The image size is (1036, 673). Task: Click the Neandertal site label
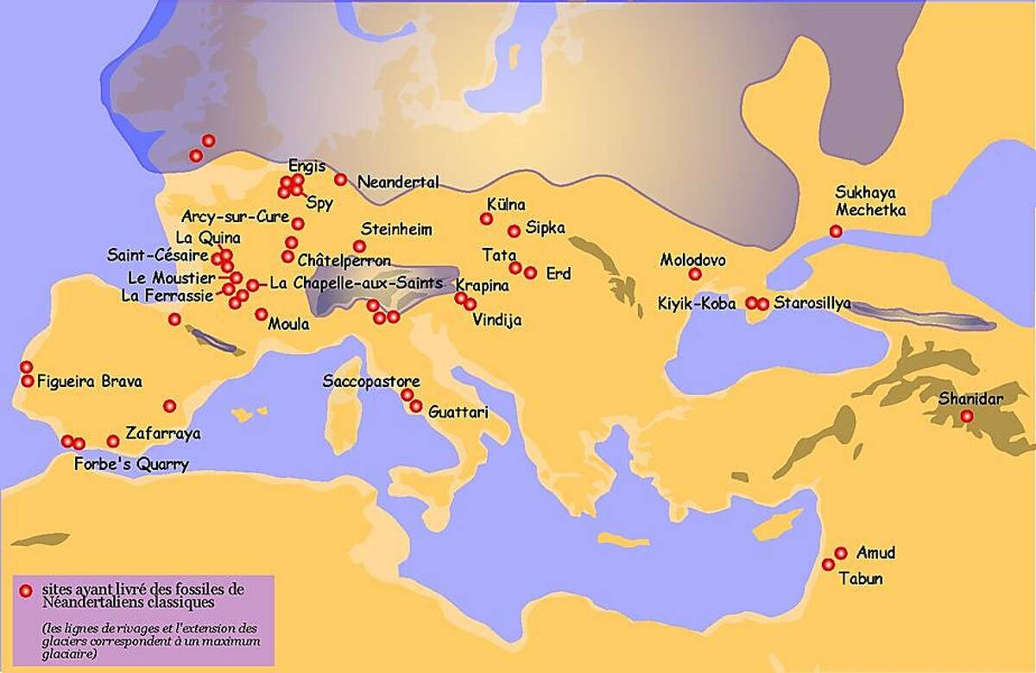point(398,182)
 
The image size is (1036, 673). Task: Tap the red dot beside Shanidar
point(967,416)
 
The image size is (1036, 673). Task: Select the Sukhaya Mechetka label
point(871,200)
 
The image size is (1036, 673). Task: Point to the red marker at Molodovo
point(695,275)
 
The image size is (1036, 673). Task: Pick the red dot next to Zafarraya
point(113,441)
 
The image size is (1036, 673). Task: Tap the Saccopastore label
point(371,381)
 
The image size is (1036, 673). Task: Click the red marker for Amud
point(841,553)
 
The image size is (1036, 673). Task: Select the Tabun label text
point(861,579)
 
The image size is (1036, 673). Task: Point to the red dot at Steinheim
point(359,246)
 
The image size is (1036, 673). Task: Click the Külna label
point(506,205)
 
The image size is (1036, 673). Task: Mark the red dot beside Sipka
point(514,231)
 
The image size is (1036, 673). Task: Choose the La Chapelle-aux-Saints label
point(356,283)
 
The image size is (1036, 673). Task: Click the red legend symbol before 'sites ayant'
point(26,590)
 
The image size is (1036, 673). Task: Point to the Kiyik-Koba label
point(697,303)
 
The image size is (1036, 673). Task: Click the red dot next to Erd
point(530,273)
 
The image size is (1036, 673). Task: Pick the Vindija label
point(497,319)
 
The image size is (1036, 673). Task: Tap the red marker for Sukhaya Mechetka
point(836,231)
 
